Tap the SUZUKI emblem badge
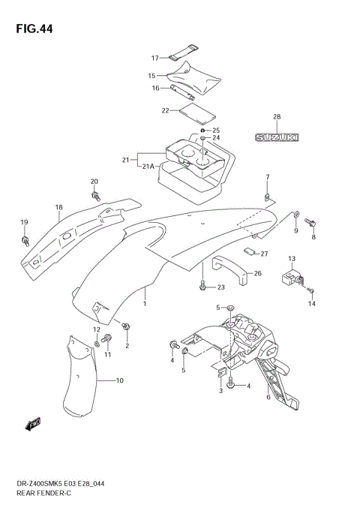pos(277,137)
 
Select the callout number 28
pos(276,117)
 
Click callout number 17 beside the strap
pos(155,58)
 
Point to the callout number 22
pos(165,110)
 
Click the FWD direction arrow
pos(34,425)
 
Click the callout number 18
pos(58,207)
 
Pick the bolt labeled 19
pos(25,240)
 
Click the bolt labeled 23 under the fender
pos(202,286)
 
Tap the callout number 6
pos(268,398)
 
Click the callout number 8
pos(313,237)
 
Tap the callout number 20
pos(94,182)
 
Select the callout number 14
pos(313,304)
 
